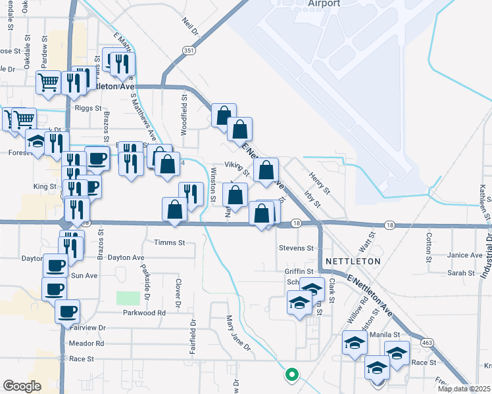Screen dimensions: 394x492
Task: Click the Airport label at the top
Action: coord(324,3)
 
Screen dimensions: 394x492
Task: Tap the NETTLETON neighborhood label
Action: coord(357,261)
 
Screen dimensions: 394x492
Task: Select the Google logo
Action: coord(22,385)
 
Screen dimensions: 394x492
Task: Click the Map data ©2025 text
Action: coord(464,389)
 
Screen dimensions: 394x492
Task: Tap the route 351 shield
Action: coord(189,51)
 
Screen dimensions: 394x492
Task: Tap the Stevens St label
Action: coord(295,248)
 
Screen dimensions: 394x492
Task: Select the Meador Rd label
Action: coord(86,343)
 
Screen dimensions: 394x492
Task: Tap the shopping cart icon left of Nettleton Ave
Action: coord(49,83)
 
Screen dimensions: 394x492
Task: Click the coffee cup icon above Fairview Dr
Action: coord(67,311)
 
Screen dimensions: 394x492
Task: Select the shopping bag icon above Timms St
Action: coord(175,210)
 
